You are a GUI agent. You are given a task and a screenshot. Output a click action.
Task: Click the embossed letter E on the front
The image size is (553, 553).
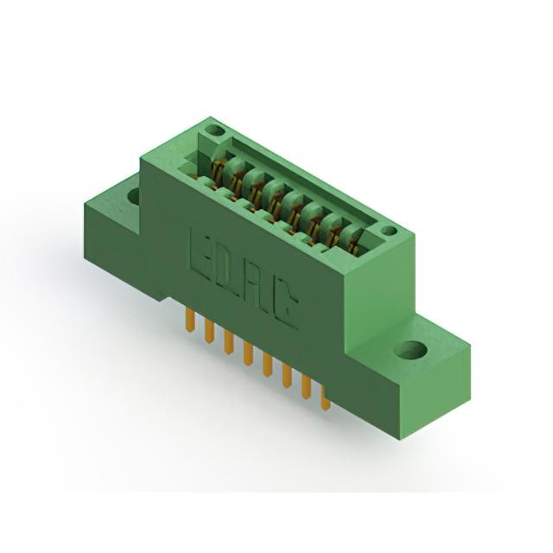tap(200, 251)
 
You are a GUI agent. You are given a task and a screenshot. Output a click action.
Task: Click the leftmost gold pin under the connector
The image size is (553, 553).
tap(190, 321)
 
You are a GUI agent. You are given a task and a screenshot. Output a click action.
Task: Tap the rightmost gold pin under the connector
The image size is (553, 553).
tap(325, 398)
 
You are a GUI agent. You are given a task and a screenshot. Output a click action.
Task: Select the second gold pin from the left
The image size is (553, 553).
tap(209, 332)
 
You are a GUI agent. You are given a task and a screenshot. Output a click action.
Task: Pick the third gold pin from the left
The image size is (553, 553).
tap(228, 342)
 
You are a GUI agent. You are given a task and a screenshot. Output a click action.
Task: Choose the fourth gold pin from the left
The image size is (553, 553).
tap(248, 354)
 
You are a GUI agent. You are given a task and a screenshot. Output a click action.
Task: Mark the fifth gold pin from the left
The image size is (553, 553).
tap(267, 365)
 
